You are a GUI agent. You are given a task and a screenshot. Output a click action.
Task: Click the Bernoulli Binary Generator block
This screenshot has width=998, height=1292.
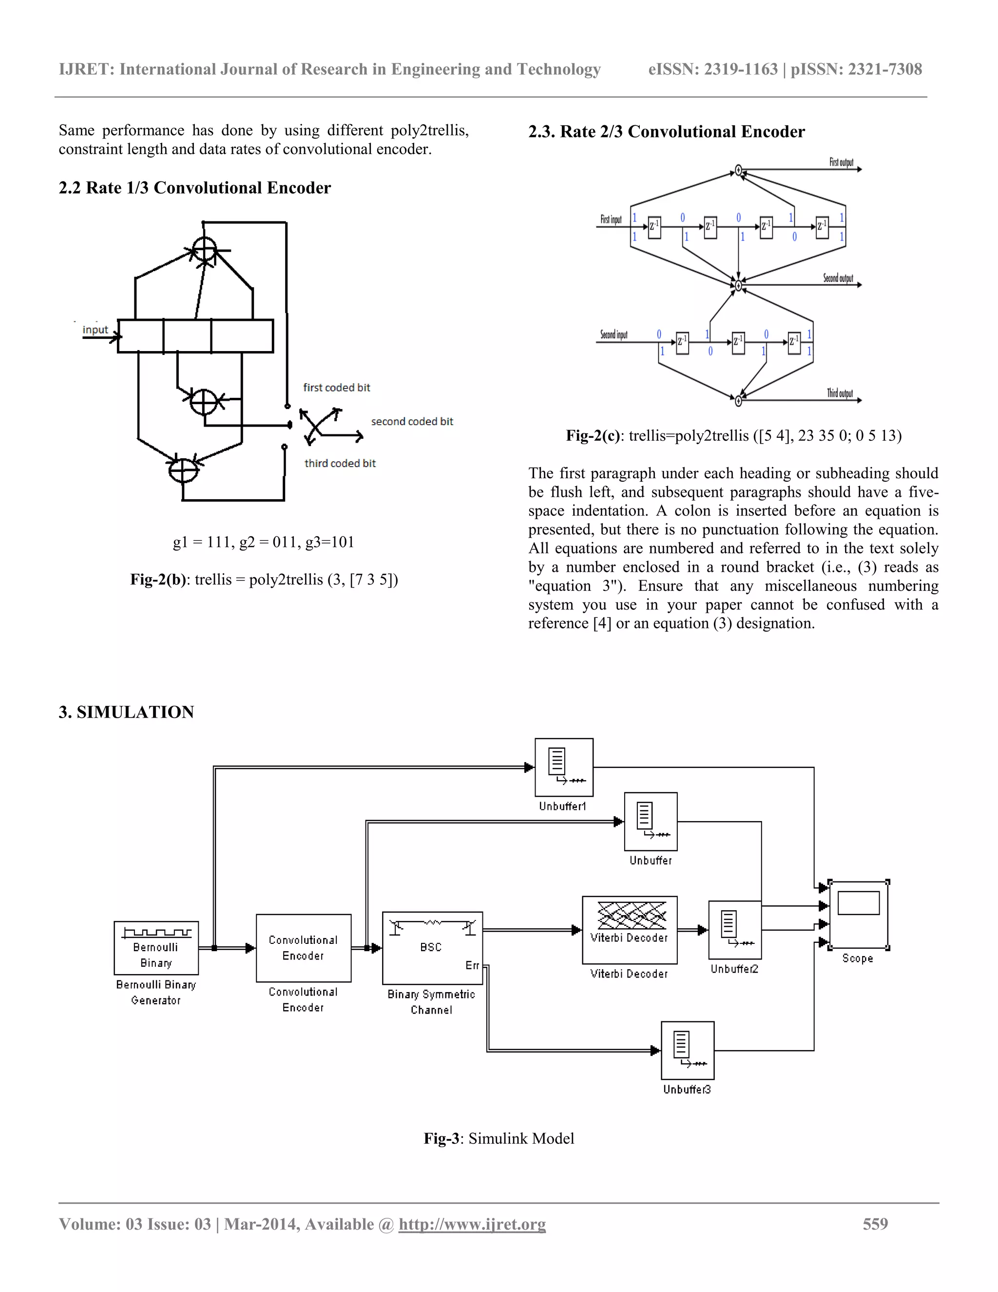tap(156, 948)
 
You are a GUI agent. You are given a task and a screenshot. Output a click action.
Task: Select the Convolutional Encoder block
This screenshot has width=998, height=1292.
tap(303, 948)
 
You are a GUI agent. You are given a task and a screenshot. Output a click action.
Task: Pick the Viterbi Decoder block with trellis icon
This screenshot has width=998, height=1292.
tap(630, 929)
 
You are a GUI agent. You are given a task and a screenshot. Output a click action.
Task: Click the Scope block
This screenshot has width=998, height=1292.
tap(859, 915)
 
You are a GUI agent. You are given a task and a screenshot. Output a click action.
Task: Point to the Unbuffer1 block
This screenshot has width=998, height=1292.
tap(564, 767)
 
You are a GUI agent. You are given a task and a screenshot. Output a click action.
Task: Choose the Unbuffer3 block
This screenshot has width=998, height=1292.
tap(688, 1051)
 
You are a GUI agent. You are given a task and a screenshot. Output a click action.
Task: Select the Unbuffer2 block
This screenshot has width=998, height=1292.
tap(735, 929)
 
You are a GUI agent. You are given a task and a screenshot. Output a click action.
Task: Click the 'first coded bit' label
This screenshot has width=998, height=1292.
tap(336, 388)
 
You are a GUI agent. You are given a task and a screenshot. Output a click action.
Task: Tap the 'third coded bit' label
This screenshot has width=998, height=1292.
tap(340, 463)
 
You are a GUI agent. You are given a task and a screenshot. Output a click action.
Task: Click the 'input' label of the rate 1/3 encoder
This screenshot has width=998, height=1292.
tap(95, 330)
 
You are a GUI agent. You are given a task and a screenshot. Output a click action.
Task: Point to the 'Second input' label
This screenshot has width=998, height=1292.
tap(614, 335)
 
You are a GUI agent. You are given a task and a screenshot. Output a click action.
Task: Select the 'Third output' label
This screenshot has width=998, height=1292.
tap(840, 393)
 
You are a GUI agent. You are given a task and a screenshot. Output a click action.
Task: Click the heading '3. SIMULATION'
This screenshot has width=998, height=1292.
tap(127, 712)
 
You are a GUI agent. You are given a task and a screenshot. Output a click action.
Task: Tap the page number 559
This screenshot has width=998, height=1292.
tap(875, 1223)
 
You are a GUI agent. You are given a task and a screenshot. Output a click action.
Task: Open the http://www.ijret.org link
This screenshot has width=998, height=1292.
tap(472, 1224)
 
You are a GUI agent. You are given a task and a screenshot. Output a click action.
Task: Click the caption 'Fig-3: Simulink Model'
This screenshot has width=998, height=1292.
tap(499, 1138)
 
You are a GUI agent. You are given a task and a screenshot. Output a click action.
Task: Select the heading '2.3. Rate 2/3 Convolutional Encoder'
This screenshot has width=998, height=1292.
tap(666, 131)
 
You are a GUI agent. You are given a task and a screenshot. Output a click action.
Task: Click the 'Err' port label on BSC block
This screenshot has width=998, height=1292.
tap(472, 965)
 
